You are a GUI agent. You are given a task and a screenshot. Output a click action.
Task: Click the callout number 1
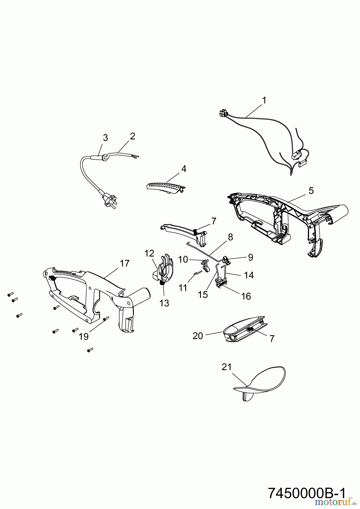(264, 100)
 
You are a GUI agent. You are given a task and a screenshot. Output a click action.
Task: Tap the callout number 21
(227, 367)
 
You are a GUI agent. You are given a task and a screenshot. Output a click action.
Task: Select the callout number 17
(125, 264)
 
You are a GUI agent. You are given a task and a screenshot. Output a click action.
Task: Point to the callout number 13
(164, 303)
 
